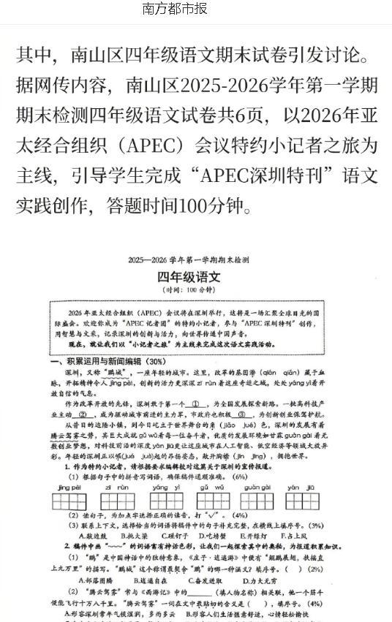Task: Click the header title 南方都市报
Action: click(x=176, y=10)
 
